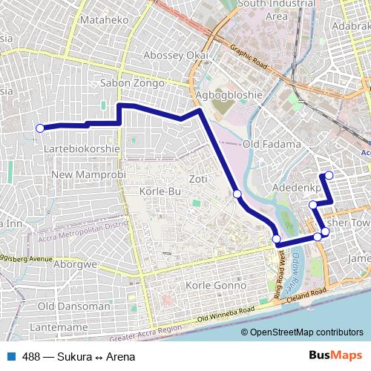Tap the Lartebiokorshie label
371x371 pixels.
click(x=83, y=148)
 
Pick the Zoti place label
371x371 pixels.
click(x=198, y=179)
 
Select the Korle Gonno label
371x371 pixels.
click(x=214, y=286)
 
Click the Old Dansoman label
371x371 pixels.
click(x=73, y=306)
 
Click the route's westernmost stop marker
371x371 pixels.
click(x=40, y=128)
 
